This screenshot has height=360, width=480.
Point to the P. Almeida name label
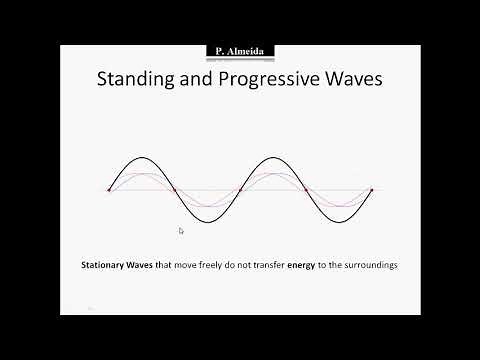[x=239, y=50]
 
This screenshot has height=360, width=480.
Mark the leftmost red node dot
[x=109, y=190]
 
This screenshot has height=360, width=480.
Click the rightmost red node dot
[x=371, y=190]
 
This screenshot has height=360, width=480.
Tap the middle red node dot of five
[x=240, y=190]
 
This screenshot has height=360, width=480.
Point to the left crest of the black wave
[x=142, y=156]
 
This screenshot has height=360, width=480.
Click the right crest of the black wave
[x=273, y=156]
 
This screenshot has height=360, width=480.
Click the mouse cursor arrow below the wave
[x=181, y=231]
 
